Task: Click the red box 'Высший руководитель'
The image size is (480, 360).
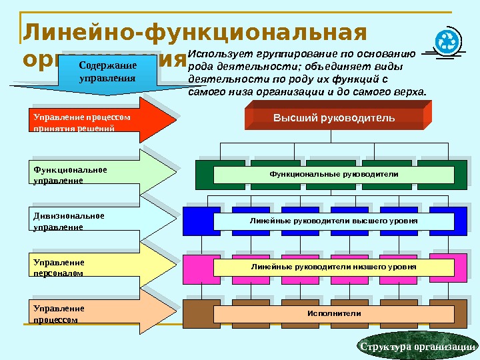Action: tap(333, 118)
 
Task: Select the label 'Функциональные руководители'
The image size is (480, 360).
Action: tap(333, 174)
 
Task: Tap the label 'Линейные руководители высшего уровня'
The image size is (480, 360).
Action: tap(333, 221)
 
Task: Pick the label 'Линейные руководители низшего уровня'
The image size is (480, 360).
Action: tap(333, 267)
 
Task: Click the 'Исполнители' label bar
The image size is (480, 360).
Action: tap(333, 313)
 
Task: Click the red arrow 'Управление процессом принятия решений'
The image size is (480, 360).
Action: tap(100, 121)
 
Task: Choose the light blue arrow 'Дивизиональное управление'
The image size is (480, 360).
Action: tap(100, 221)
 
